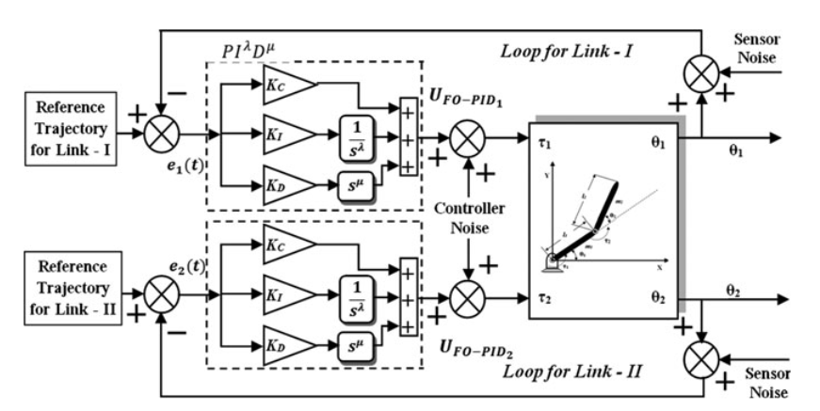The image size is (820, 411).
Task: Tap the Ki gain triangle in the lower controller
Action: (x=286, y=288)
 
